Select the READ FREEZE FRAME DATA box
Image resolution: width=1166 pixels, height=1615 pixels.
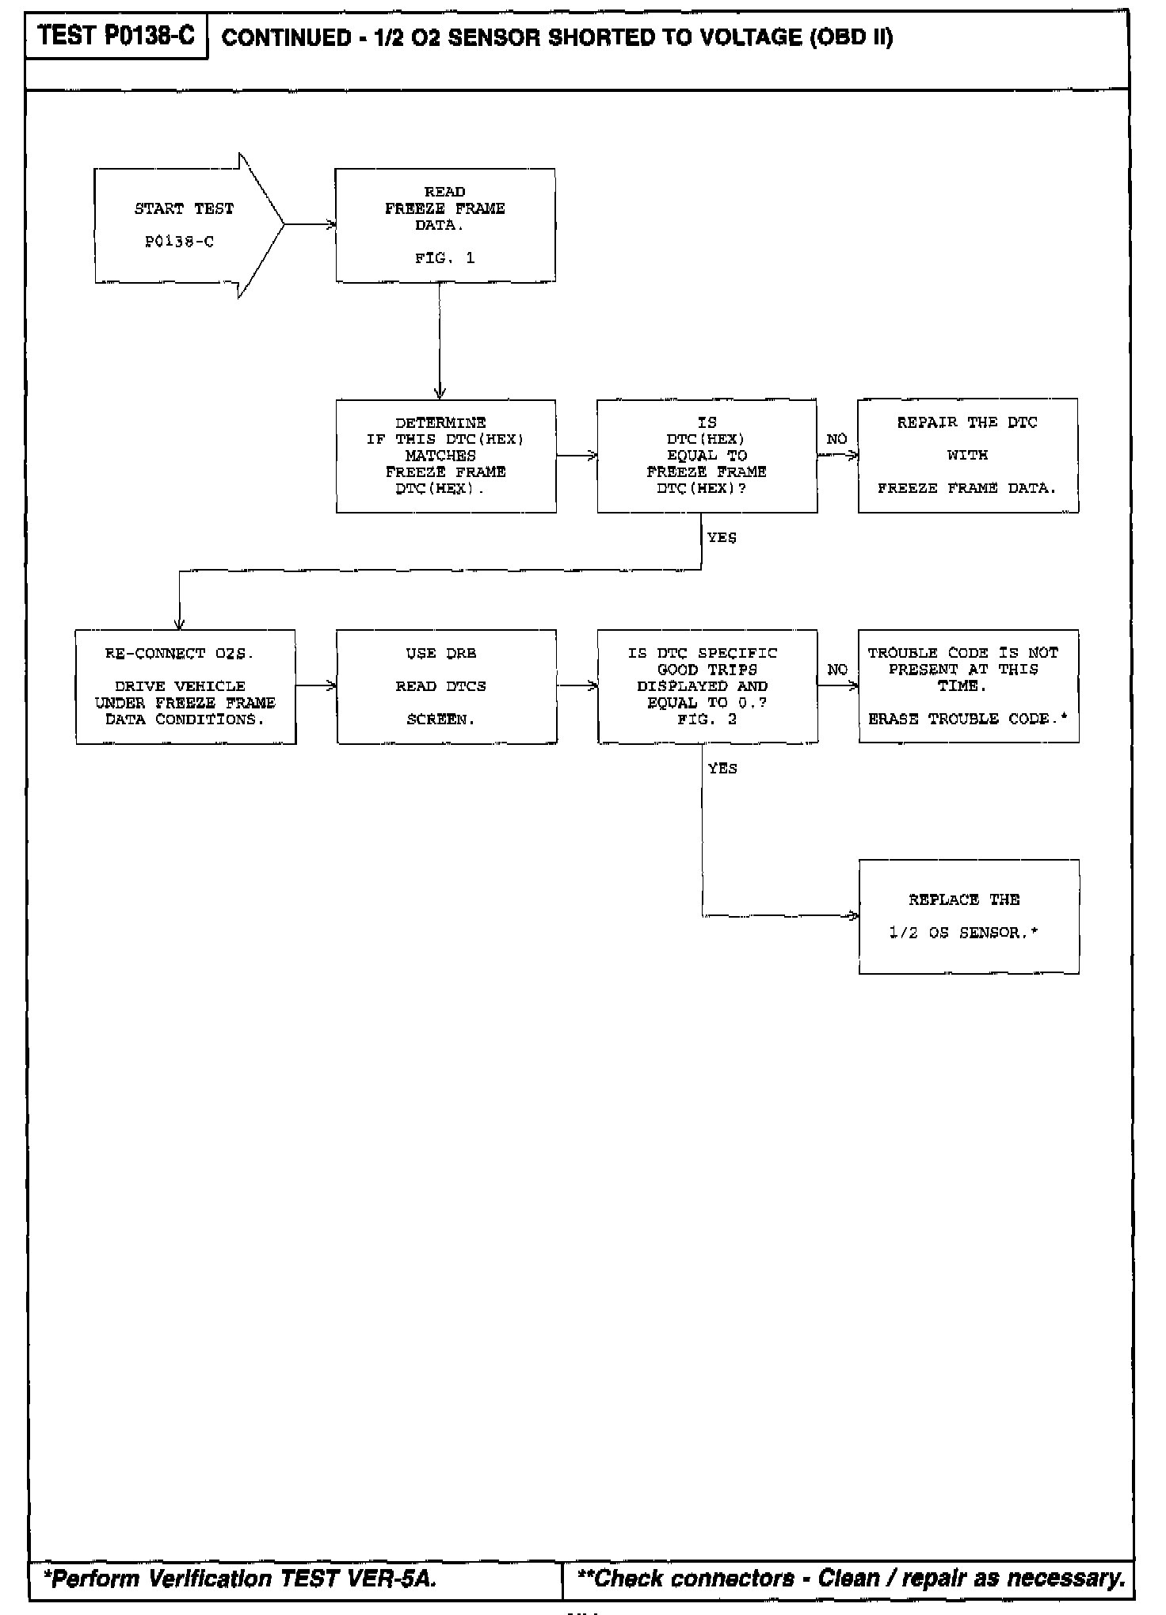point(445,225)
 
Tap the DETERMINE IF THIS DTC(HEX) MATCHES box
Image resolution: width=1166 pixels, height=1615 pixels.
point(445,456)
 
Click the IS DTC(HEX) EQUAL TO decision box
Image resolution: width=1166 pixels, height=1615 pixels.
point(707,456)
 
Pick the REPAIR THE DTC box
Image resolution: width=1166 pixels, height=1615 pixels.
point(967,456)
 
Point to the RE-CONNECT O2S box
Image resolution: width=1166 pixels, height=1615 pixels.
point(185,686)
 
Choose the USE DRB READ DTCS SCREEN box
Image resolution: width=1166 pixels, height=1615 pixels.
point(446,686)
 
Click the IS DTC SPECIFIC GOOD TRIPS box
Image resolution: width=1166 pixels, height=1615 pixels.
point(707,686)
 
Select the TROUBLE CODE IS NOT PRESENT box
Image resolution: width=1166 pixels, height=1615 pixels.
point(968,686)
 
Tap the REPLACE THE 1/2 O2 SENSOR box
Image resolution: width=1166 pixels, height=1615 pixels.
point(968,916)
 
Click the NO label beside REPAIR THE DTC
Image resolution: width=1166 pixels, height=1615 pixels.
point(836,439)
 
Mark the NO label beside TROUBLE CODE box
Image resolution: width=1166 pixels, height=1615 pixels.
point(836,670)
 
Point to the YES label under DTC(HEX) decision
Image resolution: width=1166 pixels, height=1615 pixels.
point(722,538)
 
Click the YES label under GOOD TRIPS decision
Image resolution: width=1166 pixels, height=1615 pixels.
point(722,769)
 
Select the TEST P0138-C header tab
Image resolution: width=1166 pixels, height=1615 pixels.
point(116,36)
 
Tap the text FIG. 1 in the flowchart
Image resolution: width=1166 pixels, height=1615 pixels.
point(444,258)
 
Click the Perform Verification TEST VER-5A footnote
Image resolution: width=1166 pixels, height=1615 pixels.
point(239,1579)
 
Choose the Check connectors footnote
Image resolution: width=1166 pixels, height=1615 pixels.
point(852,1579)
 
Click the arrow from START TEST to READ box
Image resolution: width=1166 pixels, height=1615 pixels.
point(310,225)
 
